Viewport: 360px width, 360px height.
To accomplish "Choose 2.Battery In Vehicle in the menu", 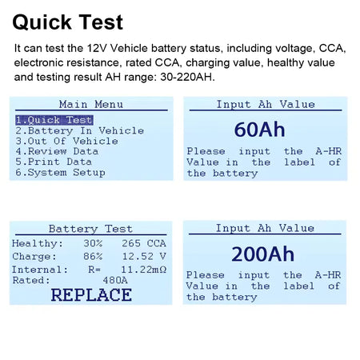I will click(80, 130).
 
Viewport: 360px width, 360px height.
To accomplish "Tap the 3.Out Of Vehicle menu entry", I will click(67, 141).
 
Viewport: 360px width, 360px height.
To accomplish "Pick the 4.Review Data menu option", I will click(57, 151).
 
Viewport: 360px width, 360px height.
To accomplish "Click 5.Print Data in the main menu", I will click(54, 162).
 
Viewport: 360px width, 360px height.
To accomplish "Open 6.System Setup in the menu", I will click(60, 172).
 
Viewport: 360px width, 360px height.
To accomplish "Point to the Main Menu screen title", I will click(91, 104).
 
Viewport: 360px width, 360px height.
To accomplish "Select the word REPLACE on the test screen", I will click(91, 294).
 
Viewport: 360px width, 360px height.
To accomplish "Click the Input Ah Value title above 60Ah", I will click(266, 104).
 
